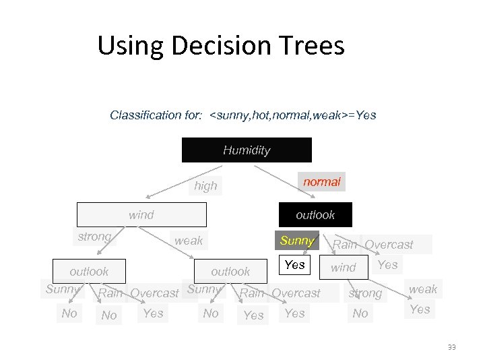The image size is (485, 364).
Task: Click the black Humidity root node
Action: (x=247, y=150)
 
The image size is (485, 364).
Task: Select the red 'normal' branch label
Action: (x=322, y=182)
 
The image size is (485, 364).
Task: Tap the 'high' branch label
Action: (x=205, y=186)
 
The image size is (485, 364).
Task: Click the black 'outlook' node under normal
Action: (x=315, y=215)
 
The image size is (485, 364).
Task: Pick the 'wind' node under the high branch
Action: (x=141, y=215)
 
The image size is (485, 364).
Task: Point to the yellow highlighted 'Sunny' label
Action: (x=297, y=241)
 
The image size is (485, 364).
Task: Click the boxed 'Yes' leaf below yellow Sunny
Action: (x=294, y=265)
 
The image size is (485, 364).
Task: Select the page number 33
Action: (x=451, y=347)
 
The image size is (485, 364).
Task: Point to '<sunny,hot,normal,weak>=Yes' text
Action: (x=293, y=115)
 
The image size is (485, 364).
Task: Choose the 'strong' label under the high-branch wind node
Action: (x=94, y=237)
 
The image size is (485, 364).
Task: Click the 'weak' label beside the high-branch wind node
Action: (x=189, y=241)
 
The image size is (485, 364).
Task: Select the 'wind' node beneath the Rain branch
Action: (x=344, y=268)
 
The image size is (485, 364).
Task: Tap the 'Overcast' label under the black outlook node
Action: (x=389, y=245)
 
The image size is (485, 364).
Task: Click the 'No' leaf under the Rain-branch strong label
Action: (x=360, y=313)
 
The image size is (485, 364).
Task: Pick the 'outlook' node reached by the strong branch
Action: (x=89, y=272)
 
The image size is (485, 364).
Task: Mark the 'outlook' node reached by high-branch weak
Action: (x=230, y=272)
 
